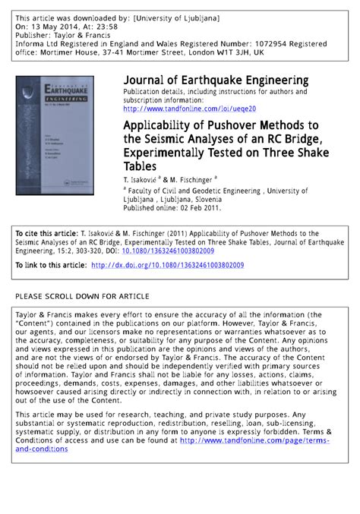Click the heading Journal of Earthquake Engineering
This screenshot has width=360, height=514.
pos(216,80)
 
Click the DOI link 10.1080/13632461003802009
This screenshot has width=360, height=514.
pos(166,251)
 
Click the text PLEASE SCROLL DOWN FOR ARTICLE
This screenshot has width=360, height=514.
pos(82,295)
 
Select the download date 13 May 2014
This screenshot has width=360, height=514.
pos(53,25)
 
